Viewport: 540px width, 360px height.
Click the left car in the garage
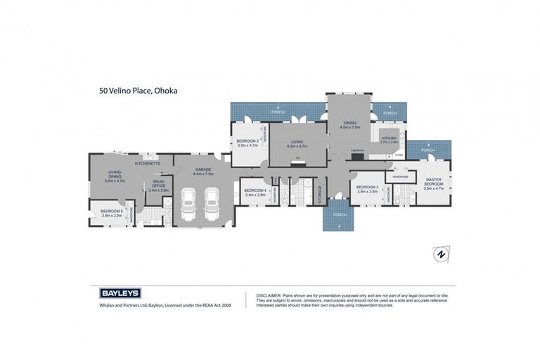tap(189, 205)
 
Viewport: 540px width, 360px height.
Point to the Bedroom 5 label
tap(111, 211)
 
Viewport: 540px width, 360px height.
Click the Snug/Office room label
tap(158, 184)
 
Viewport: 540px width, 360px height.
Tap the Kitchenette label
tap(148, 163)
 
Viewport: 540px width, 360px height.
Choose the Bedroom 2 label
tap(247, 141)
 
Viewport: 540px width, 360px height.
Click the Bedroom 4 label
tap(255, 190)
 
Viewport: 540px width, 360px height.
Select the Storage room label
tap(321, 193)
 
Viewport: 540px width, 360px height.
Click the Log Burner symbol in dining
tap(357, 156)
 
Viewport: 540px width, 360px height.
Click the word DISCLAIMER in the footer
tap(269, 295)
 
